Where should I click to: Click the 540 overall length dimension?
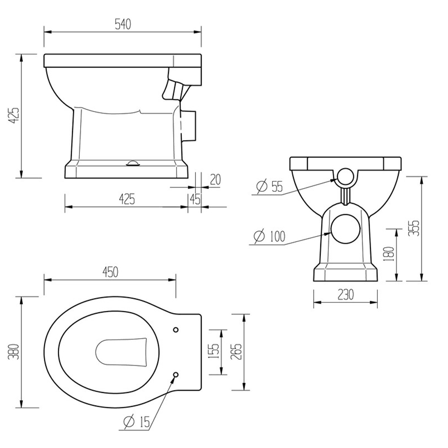tap(122, 25)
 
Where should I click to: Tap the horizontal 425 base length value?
tap(127, 199)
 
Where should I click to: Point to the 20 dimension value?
tap(215, 180)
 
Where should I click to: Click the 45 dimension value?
tap(195, 199)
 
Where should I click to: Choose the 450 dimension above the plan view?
tap(110, 272)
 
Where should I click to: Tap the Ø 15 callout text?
tap(137, 422)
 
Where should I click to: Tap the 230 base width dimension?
tap(345, 294)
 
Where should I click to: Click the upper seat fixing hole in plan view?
tap(176, 329)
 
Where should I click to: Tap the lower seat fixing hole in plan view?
tap(176, 375)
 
